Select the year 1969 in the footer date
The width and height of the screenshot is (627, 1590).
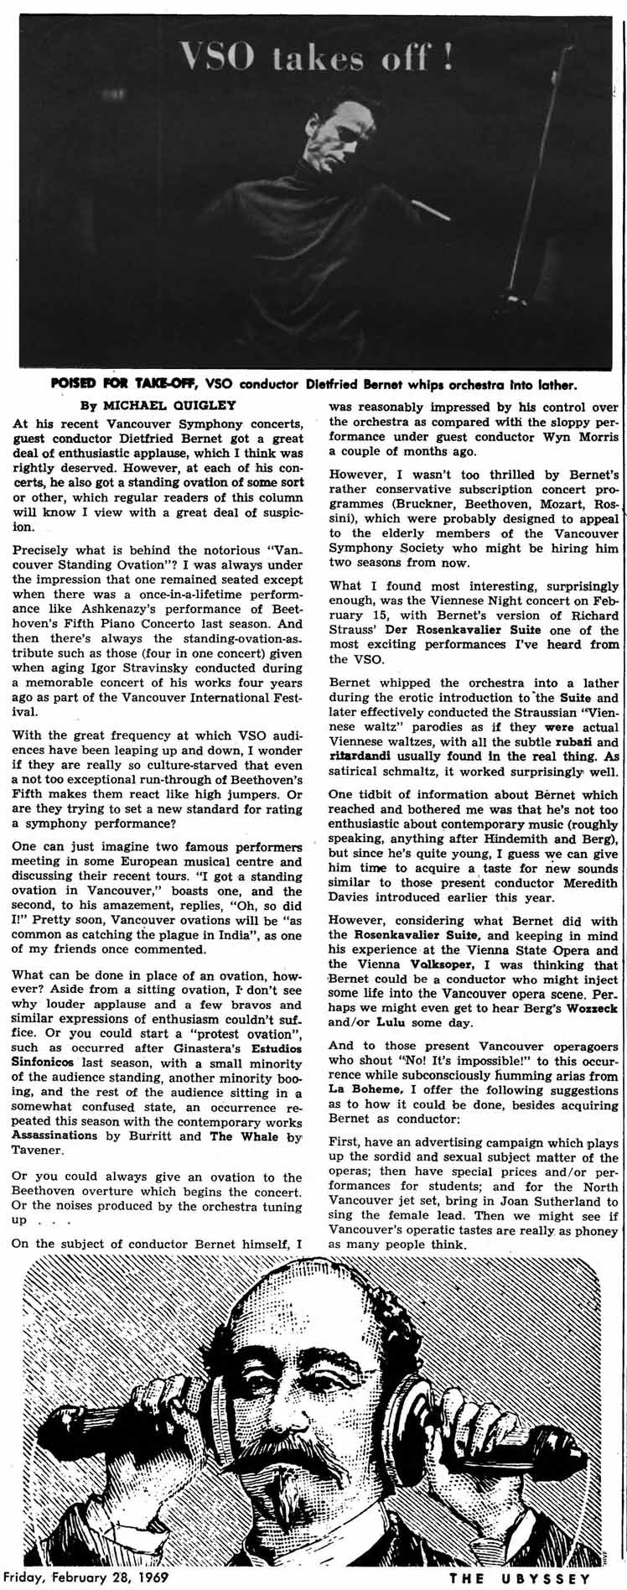pos(154,1576)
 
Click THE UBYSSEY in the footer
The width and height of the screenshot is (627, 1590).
pos(519,1577)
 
